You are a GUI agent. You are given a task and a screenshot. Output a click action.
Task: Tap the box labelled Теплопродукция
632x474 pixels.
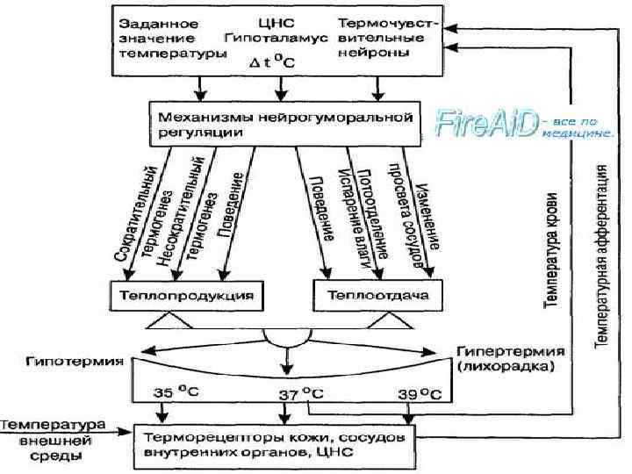tap(185, 295)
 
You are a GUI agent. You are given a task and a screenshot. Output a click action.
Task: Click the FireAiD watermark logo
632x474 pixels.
tap(488, 123)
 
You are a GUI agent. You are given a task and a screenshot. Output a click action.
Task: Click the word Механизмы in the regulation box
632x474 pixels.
tap(199, 116)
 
